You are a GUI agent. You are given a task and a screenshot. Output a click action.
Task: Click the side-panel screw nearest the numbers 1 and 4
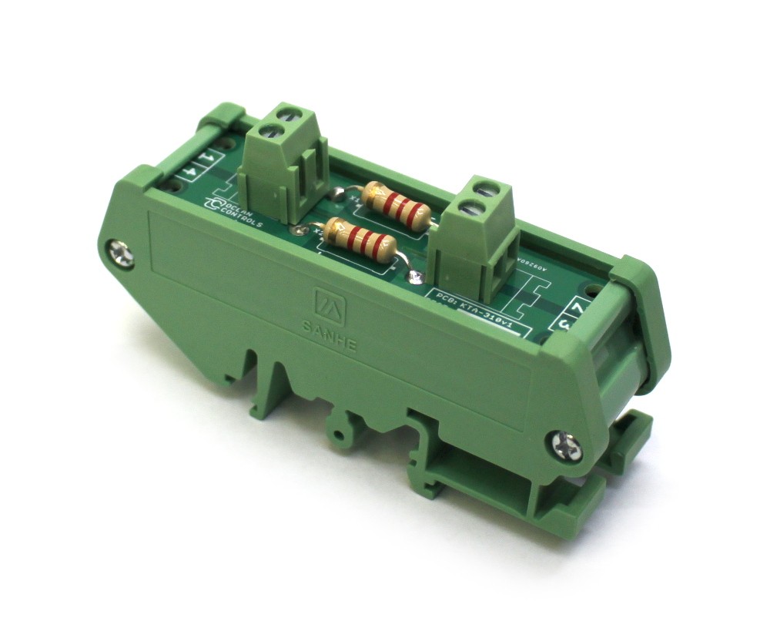(x=122, y=254)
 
